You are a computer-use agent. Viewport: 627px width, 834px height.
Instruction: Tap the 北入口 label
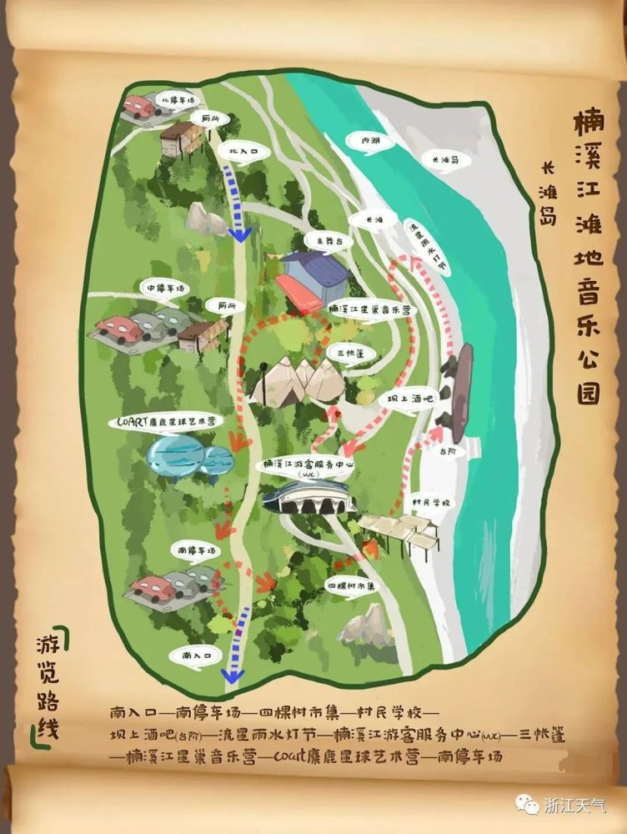click(x=238, y=152)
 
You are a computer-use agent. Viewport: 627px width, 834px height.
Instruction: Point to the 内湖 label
click(x=370, y=142)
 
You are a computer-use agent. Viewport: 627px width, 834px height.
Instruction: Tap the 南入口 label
click(x=194, y=656)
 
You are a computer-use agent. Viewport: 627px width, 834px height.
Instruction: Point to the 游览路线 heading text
click(x=48, y=684)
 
